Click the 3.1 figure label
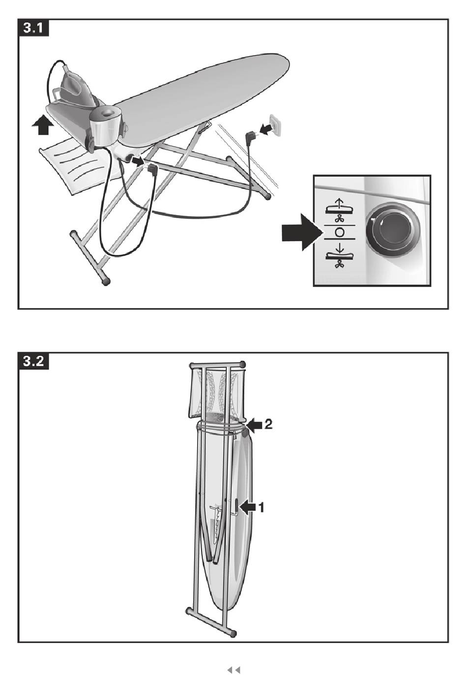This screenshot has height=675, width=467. point(33,28)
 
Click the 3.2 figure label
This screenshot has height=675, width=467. point(33,361)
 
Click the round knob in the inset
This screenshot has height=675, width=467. point(392,229)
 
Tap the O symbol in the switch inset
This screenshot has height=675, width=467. point(340,232)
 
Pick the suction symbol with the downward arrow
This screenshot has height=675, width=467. point(340,256)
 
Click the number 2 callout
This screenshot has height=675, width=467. point(268,424)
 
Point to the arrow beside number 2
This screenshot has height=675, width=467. point(255,424)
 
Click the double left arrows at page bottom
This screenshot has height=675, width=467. point(233,662)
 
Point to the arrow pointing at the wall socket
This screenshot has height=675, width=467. point(265,129)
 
